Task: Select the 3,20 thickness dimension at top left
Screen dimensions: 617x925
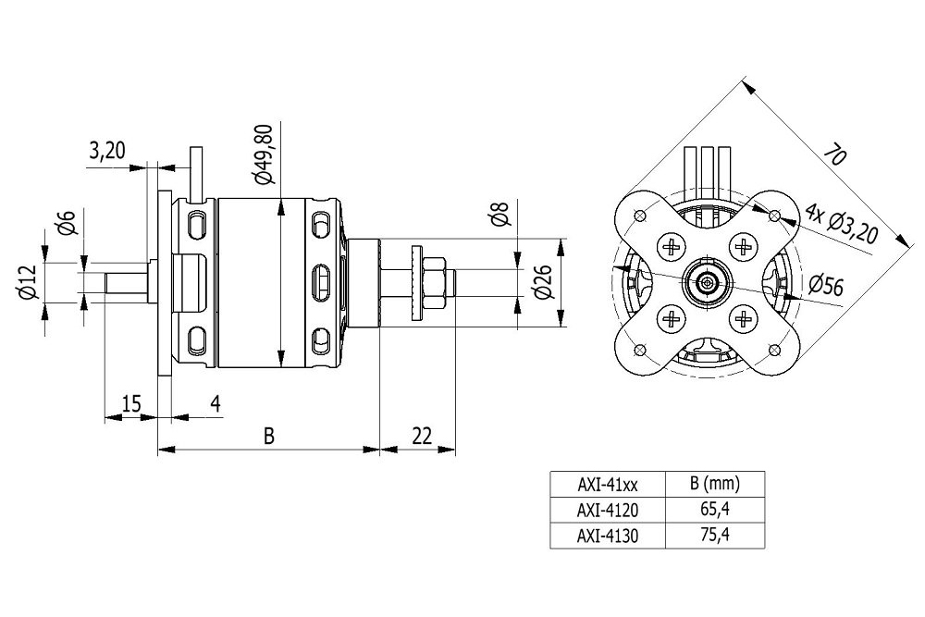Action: tap(107, 151)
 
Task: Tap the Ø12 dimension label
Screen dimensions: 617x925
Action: tap(29, 282)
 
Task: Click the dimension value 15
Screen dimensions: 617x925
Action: tap(130, 403)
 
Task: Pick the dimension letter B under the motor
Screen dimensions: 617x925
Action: tap(268, 436)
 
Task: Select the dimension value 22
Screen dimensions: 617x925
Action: tap(421, 436)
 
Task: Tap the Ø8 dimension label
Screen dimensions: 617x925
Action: tap(500, 216)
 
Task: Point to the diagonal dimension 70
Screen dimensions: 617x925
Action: tap(833, 154)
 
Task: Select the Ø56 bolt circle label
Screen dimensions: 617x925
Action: tap(826, 286)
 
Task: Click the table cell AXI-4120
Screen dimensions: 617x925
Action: tap(608, 509)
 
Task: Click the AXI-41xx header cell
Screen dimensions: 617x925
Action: tap(608, 483)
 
